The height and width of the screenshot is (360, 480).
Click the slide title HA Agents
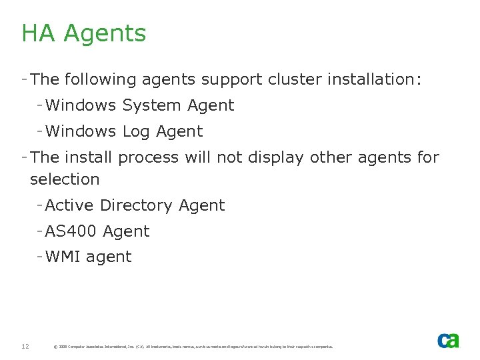(x=83, y=33)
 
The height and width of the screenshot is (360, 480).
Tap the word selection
(x=65, y=179)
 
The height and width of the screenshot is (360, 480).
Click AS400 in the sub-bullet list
(x=71, y=231)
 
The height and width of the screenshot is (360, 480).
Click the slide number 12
(x=25, y=346)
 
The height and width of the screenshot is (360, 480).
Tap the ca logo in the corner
(x=448, y=341)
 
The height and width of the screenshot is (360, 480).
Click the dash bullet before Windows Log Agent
(x=40, y=131)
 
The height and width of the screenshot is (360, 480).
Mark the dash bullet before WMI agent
(x=40, y=257)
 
